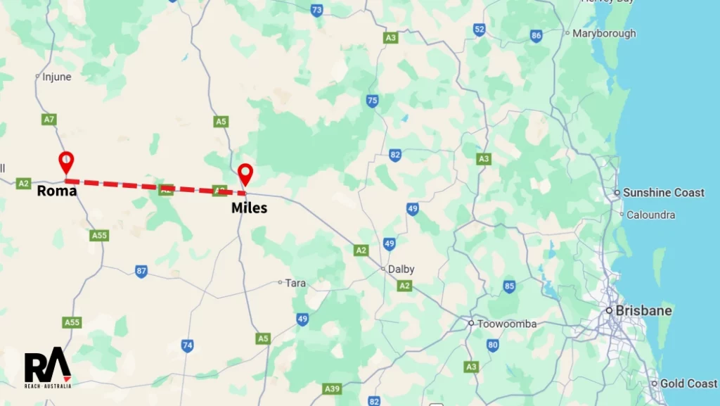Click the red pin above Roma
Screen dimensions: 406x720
click(65, 160)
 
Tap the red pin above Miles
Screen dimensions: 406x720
click(245, 172)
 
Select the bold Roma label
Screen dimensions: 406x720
click(56, 191)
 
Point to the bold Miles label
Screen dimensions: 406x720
click(249, 208)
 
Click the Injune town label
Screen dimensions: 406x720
click(57, 77)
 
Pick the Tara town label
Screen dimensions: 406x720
click(295, 283)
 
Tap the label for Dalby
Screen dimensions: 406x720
click(401, 269)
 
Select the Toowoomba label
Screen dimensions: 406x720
click(506, 324)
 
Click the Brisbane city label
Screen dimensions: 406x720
click(643, 310)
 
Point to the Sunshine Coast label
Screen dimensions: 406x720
click(663, 193)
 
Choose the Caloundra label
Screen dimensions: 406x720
click(650, 215)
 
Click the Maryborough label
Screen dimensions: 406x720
click(604, 33)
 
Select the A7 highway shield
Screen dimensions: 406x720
click(49, 120)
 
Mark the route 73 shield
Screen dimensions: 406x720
click(317, 10)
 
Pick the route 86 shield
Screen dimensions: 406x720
click(536, 36)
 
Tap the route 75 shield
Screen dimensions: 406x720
click(372, 101)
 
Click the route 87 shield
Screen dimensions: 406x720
click(141, 271)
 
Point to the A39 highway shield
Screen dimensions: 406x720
click(332, 388)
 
